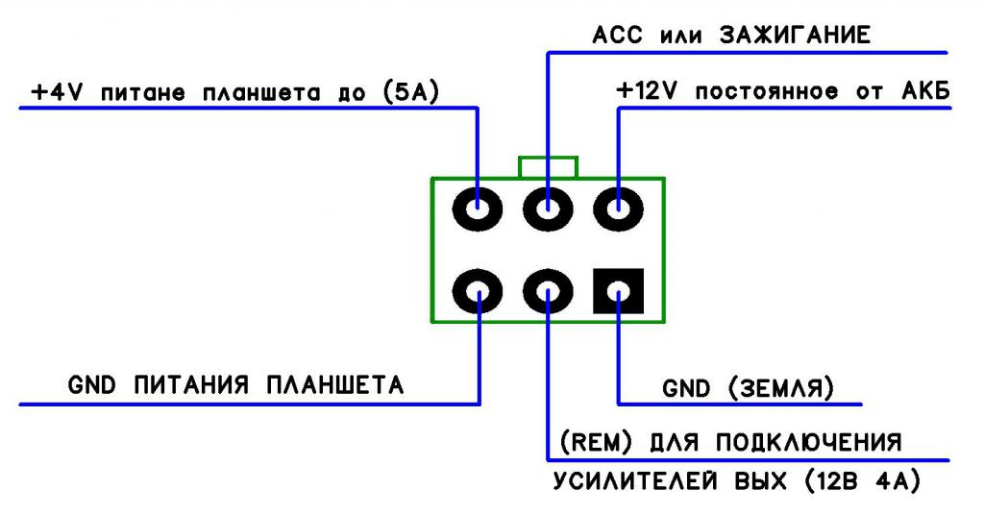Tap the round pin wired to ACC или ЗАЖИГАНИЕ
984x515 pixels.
click(548, 208)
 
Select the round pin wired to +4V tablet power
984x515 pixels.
click(478, 208)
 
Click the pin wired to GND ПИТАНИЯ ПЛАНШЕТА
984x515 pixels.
click(478, 290)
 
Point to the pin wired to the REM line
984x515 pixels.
click(548, 290)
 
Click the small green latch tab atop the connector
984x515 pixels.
click(548, 167)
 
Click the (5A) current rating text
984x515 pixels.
click(410, 93)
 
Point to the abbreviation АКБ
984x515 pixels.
click(925, 92)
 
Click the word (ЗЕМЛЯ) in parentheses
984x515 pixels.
click(780, 388)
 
